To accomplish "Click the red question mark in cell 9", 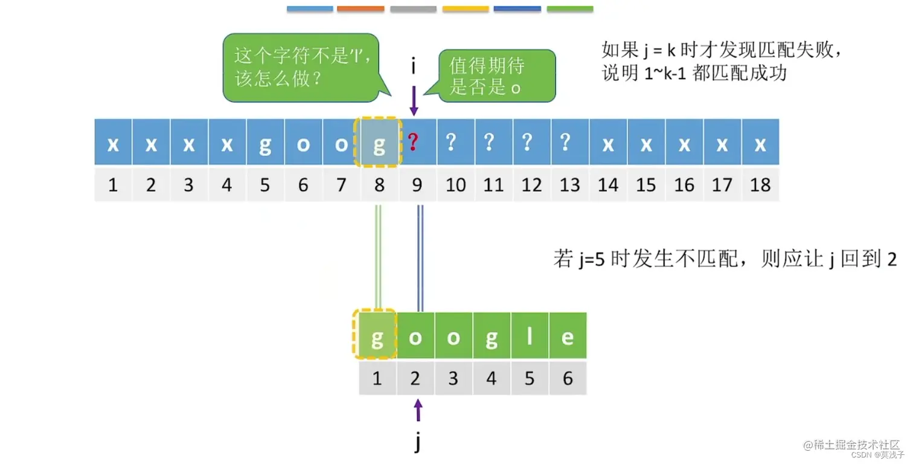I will (x=414, y=143).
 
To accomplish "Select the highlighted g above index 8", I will (x=379, y=143).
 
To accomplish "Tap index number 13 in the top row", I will (x=569, y=185).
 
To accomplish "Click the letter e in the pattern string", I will (x=568, y=337).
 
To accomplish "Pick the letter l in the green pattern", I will (x=530, y=337).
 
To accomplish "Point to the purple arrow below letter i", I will (x=414, y=100).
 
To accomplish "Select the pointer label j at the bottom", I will (x=417, y=442).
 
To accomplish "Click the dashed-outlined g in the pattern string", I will (x=377, y=337).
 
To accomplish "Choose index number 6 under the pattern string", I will (x=568, y=379).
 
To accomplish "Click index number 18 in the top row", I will (x=760, y=185).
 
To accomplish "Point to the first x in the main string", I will (x=113, y=143).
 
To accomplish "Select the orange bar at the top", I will (x=360, y=9).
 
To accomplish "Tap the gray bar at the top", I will (x=413, y=9).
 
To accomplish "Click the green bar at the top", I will (x=570, y=9).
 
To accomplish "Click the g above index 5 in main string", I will (x=264, y=143).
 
